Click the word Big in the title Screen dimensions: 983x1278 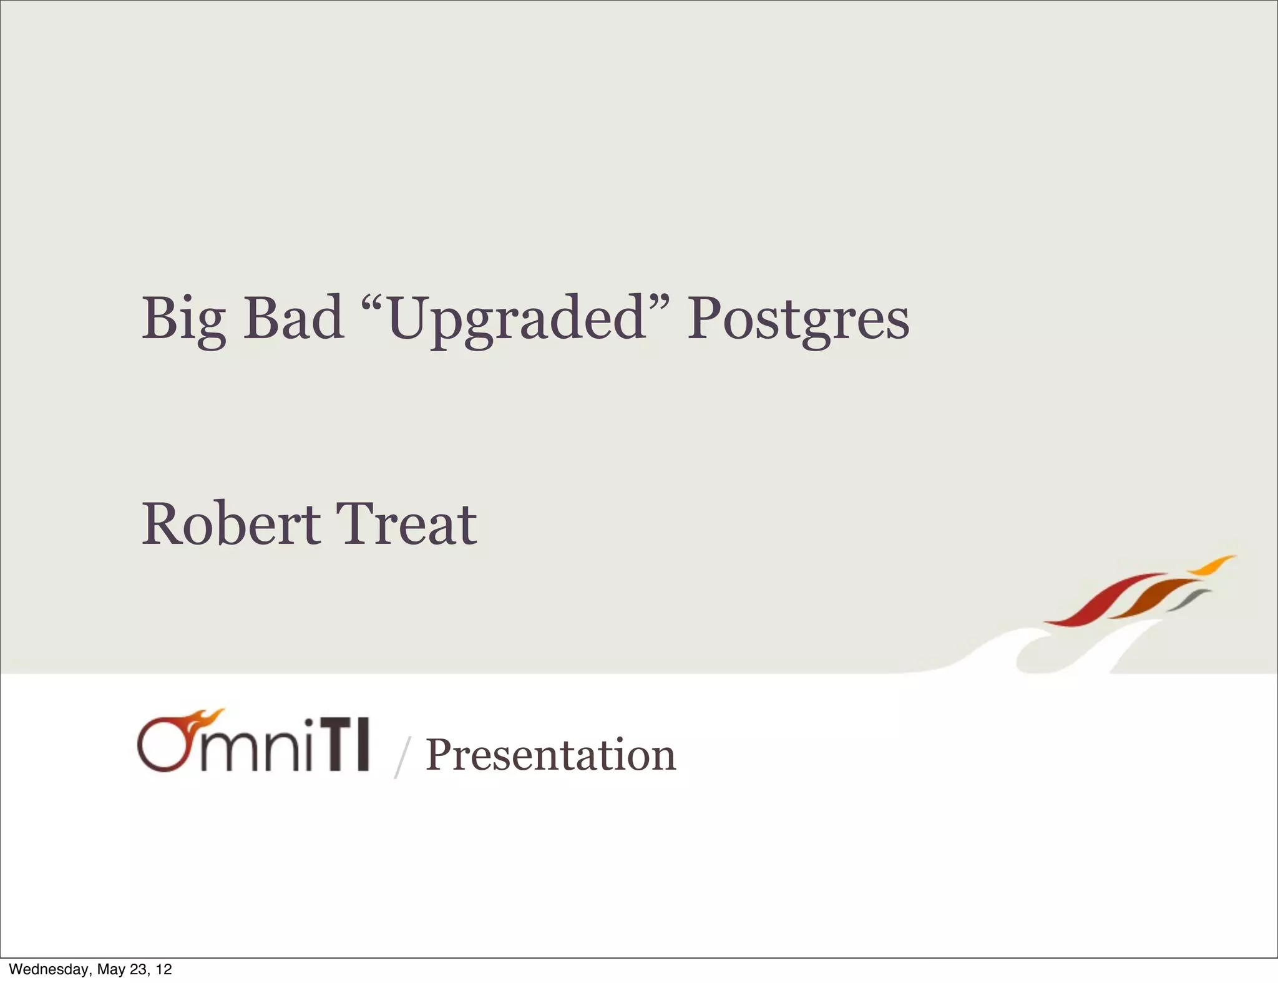[183, 320]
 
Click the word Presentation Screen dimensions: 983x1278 [550, 755]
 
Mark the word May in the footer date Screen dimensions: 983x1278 [112, 969]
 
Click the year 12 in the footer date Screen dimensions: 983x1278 [164, 969]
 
